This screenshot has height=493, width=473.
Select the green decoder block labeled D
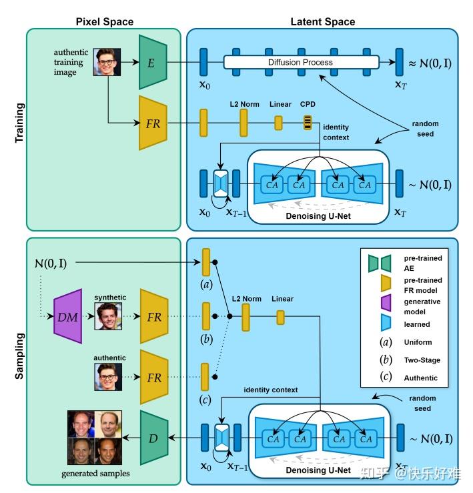point(153,438)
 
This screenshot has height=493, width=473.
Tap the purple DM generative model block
point(67,316)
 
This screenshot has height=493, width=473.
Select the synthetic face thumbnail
point(109,316)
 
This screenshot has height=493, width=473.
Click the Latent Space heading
point(322,21)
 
